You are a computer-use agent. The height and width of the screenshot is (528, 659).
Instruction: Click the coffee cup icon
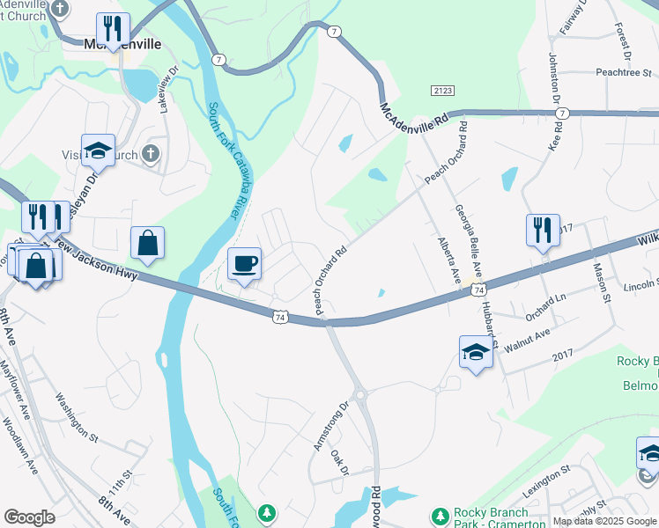point(244,263)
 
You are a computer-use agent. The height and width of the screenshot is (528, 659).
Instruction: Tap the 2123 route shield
point(442,91)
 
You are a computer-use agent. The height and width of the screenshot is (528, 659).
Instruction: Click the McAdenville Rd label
point(415,114)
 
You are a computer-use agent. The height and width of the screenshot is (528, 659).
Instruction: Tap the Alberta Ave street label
point(448,260)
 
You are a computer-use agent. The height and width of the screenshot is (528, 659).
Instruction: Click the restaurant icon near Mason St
point(542,231)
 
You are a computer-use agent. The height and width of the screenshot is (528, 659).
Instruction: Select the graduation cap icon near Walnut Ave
point(476,353)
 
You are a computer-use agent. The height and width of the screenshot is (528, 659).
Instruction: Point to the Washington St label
point(78,417)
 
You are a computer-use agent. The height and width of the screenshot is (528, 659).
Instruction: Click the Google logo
point(29,517)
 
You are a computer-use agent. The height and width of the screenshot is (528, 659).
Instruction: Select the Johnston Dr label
point(555,79)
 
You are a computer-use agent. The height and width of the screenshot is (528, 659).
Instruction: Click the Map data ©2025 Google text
point(604,521)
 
